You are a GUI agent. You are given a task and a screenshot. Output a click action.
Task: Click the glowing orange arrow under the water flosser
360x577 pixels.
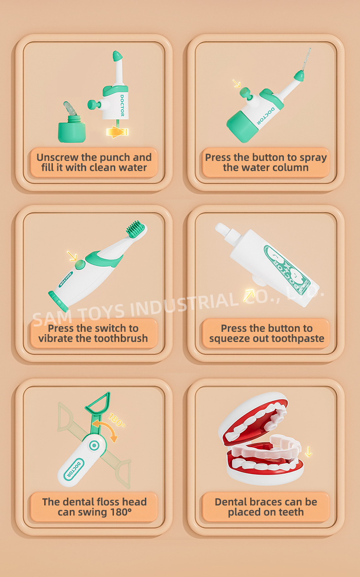point(117,132)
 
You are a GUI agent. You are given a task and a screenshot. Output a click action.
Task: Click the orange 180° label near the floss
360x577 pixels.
point(117,420)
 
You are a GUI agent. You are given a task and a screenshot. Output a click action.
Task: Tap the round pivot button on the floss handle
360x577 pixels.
point(94,445)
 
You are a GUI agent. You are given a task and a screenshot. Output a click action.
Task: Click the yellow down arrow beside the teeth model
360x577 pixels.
point(309,452)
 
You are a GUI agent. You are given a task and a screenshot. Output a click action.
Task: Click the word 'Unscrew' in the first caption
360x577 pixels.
point(57,157)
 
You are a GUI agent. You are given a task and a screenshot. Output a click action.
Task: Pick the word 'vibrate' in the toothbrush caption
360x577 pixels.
point(56,339)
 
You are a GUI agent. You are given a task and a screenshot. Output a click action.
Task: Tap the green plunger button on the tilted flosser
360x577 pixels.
point(245,92)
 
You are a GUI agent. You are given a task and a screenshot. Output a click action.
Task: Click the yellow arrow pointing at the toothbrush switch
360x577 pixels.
point(72,256)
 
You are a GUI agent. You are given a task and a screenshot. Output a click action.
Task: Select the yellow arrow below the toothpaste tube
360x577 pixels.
point(249,295)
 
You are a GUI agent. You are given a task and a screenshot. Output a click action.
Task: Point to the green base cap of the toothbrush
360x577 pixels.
point(58,301)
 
